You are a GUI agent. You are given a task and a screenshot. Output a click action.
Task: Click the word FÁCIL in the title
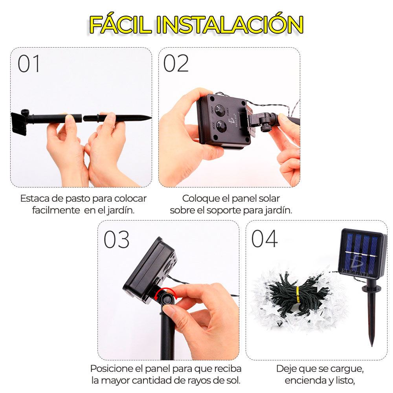click(x=121, y=24)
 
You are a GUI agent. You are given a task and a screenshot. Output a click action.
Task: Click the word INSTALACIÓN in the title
click(x=230, y=24)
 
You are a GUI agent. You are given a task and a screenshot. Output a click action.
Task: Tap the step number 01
click(x=29, y=64)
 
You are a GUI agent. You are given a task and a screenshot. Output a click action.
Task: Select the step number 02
click(x=176, y=64)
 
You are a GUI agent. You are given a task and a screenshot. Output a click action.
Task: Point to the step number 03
click(x=117, y=239)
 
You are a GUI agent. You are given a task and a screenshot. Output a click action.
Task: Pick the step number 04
click(x=264, y=239)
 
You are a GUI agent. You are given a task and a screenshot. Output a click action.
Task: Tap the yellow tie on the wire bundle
click(x=298, y=294)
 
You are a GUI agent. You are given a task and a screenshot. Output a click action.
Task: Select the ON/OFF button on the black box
click(x=220, y=110)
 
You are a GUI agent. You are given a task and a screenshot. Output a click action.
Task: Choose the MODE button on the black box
click(x=222, y=126)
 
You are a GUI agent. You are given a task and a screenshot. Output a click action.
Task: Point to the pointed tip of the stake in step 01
click(x=151, y=117)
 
